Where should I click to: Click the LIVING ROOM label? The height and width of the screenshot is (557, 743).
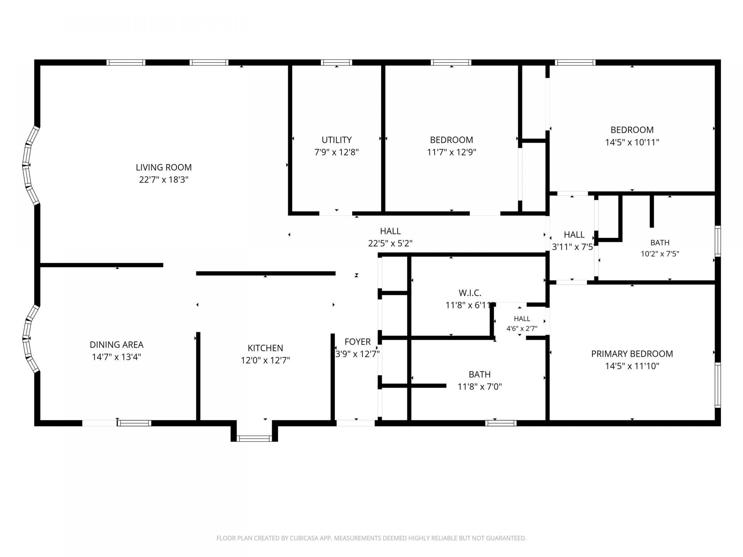click(x=164, y=167)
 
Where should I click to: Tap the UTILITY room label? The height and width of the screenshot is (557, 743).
click(x=337, y=140)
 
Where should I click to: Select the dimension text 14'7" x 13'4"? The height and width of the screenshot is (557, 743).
click(x=116, y=357)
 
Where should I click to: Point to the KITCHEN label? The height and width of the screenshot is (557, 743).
click(x=265, y=348)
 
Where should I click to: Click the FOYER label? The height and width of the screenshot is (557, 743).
click(x=358, y=342)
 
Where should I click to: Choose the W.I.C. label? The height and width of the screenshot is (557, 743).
click(x=470, y=293)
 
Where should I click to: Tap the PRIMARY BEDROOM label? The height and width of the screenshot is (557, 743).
click(x=632, y=354)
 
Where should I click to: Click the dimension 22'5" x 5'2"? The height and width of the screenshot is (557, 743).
click(x=390, y=243)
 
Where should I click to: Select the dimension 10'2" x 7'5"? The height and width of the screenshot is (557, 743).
click(x=660, y=254)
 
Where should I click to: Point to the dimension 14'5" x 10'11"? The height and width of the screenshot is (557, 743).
click(x=632, y=142)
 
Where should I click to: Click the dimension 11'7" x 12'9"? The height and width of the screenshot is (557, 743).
click(x=452, y=152)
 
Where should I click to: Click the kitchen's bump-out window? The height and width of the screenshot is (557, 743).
click(x=254, y=438)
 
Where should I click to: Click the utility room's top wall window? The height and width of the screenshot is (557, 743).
click(x=336, y=62)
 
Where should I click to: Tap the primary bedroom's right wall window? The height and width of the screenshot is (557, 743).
click(x=718, y=385)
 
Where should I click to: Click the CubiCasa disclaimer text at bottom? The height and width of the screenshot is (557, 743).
click(x=371, y=538)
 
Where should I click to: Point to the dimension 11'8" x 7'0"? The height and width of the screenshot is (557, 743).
click(x=480, y=387)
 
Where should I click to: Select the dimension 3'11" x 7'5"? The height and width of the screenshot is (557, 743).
click(x=573, y=247)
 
